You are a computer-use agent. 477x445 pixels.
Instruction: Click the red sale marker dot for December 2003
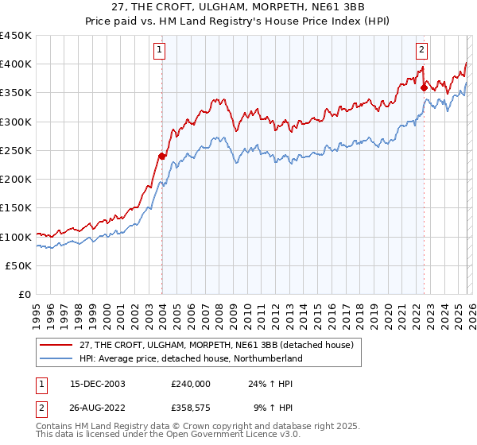click(x=162, y=156)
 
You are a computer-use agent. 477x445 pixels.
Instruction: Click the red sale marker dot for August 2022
click(x=424, y=87)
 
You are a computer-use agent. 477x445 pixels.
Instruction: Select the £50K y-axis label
click(x=18, y=266)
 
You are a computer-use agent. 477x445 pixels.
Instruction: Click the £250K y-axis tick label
click(x=16, y=151)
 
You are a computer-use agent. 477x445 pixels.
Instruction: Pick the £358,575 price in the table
click(x=190, y=408)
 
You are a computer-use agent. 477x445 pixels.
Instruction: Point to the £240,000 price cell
click(x=190, y=383)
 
